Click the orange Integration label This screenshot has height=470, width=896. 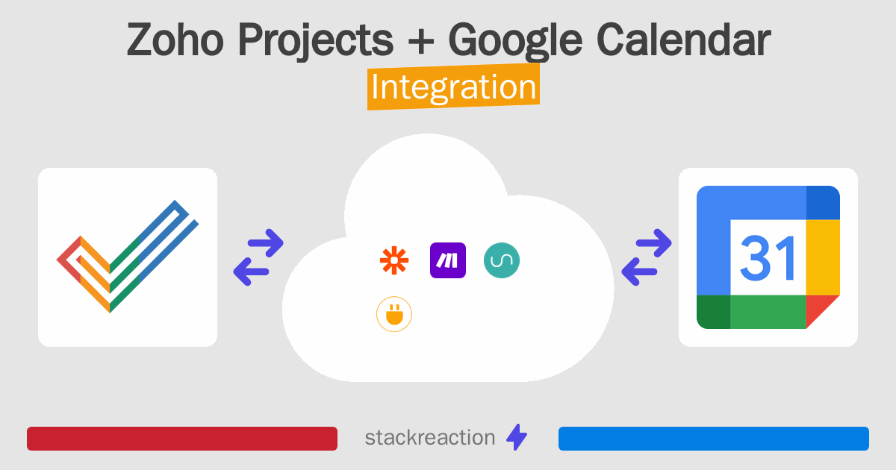point(453,87)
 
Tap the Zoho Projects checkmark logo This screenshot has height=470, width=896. point(127,257)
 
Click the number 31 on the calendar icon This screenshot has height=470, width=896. point(768,257)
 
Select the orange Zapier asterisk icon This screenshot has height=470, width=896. point(393,260)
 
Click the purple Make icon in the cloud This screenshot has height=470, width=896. point(448,260)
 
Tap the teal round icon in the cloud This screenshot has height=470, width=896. point(502,260)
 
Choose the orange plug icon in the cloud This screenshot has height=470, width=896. point(393,315)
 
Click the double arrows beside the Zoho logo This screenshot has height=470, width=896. point(258,257)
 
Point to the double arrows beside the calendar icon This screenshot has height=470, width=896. point(646,257)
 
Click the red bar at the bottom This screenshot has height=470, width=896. point(181,439)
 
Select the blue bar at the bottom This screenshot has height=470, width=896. point(713,439)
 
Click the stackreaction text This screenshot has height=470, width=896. point(429,438)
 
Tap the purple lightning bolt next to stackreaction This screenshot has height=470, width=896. point(517,438)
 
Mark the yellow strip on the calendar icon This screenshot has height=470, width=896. point(823,257)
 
